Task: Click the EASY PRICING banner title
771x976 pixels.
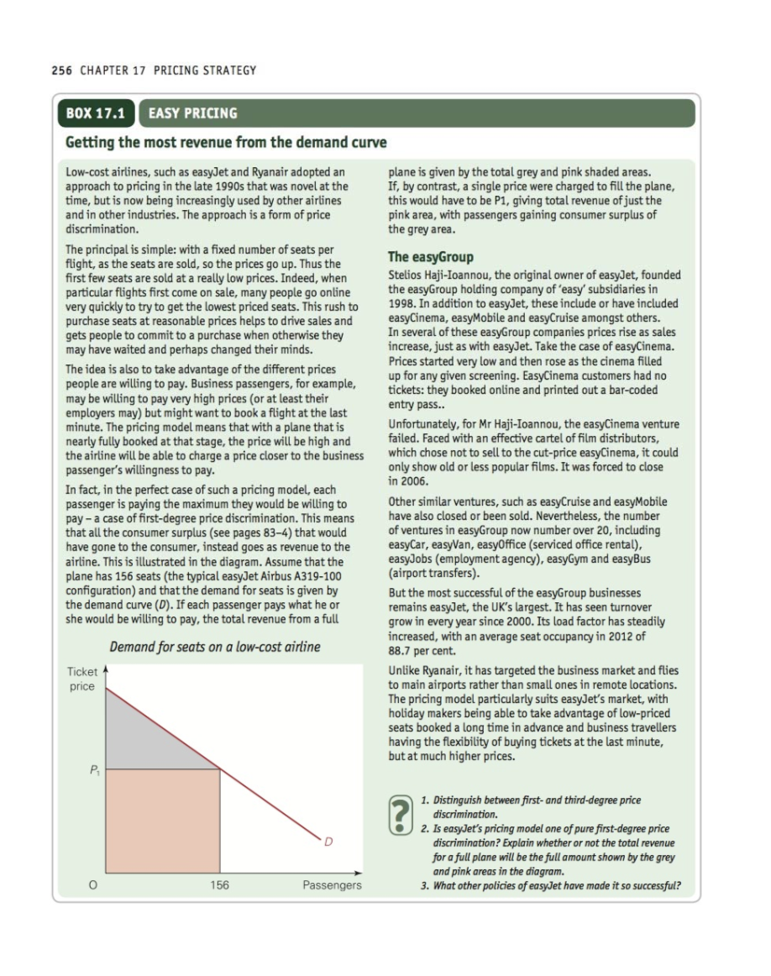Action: tap(193, 113)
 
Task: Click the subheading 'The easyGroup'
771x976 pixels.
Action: tap(430, 257)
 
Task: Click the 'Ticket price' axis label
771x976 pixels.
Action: tap(81, 680)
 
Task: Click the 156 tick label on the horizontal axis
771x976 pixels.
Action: tap(220, 885)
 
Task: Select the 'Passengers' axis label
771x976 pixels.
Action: tap(333, 885)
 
